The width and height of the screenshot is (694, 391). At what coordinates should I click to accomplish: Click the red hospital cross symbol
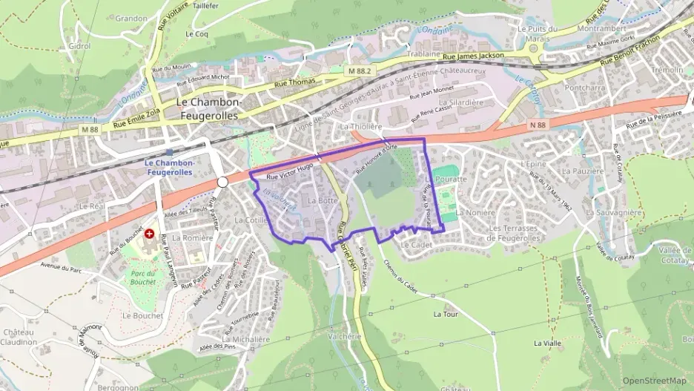pos(151,233)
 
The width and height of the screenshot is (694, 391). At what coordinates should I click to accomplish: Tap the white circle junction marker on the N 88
pos(222,182)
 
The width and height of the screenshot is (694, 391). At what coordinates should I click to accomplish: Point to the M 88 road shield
pos(90,129)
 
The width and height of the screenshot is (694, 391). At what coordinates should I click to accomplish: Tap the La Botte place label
pos(322,201)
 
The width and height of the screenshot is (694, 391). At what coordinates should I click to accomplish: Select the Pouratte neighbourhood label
pos(452,180)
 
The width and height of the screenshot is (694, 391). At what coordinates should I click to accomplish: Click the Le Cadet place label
pos(415,244)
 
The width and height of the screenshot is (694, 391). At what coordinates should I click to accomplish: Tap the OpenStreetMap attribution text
pos(655,381)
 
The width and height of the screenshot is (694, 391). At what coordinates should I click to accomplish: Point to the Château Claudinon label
pos(19,337)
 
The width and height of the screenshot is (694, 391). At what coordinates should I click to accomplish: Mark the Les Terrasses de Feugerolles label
pos(523,233)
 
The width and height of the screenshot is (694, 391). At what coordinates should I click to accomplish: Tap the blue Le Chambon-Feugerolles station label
pos(169,167)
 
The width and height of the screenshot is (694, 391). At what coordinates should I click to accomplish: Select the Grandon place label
pos(131,18)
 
